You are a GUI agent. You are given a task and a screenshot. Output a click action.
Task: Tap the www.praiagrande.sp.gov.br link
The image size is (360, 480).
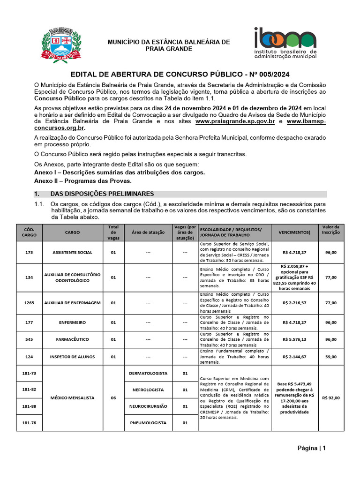(235, 121)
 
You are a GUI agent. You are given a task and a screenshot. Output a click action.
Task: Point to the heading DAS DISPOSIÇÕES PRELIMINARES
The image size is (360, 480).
(102, 194)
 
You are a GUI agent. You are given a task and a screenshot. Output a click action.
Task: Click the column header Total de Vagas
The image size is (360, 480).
(113, 232)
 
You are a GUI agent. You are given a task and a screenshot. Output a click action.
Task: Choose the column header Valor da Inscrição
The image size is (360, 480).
(330, 232)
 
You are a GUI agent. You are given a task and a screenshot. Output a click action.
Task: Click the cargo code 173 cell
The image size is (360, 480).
(29, 252)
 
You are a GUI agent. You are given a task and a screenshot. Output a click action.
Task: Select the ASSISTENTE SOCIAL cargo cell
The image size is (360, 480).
(73, 252)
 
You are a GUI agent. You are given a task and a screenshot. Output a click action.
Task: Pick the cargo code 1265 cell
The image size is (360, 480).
(29, 303)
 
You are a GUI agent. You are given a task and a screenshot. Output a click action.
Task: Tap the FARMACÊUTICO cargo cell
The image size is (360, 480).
(73, 339)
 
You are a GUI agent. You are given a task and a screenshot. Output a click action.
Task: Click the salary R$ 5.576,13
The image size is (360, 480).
(294, 339)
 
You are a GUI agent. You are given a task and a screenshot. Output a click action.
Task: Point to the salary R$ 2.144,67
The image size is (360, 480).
(294, 357)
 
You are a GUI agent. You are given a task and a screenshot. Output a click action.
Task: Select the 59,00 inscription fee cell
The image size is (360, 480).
(330, 357)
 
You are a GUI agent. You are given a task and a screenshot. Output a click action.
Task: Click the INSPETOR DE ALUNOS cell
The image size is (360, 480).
(73, 357)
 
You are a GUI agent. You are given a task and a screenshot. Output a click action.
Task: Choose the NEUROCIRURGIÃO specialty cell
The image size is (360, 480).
(148, 406)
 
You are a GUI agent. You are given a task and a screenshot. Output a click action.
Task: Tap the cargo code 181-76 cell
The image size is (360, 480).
(29, 423)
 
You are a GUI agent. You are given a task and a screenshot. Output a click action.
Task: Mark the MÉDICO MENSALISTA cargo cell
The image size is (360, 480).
(73, 398)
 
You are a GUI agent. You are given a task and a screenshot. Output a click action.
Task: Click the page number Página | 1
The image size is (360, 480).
(311, 448)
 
